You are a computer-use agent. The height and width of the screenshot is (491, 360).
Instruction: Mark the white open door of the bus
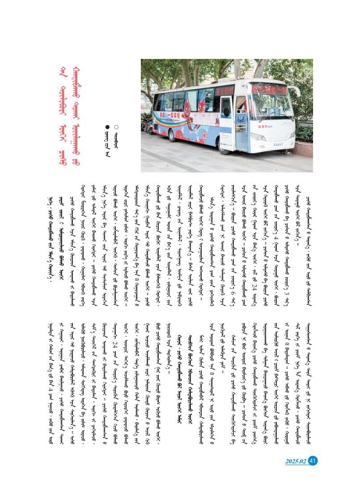coord(227,117)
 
